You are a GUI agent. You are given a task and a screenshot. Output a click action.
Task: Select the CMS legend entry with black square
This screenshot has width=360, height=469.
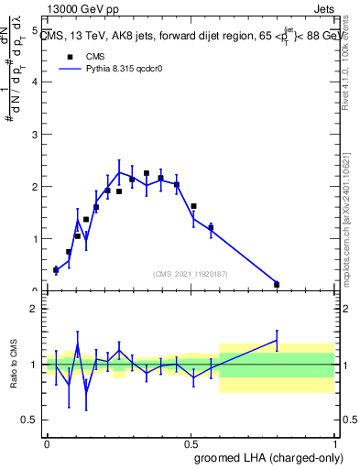[82, 55]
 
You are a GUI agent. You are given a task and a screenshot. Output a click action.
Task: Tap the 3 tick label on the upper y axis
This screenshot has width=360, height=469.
[34, 135]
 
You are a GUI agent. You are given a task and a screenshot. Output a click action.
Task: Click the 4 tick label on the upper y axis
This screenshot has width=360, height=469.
[34, 82]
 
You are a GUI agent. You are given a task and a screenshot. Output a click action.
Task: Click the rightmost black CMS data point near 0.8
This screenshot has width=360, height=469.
[277, 284]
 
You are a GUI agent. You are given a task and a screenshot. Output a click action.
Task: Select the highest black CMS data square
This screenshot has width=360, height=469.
[147, 173]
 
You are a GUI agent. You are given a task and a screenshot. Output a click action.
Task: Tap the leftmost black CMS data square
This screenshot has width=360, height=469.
[56, 269]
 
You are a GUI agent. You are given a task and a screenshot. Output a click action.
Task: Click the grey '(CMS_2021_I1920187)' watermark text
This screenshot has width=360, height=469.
[191, 273]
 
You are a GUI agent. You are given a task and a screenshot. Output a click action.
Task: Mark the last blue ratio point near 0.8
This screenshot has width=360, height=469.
[277, 340]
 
